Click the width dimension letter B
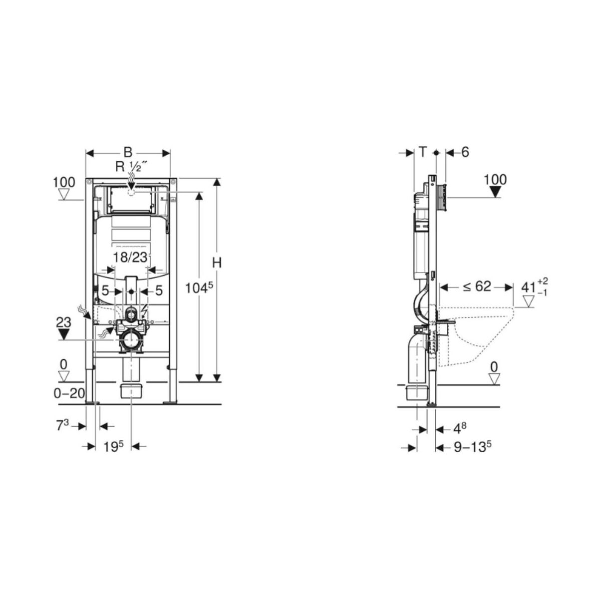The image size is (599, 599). [x=128, y=153]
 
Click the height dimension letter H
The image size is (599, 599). [x=217, y=263]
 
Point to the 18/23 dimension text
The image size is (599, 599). [x=130, y=258]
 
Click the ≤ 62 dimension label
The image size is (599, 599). [x=477, y=287]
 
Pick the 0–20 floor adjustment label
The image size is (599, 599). [x=69, y=393]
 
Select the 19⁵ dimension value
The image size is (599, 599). [x=113, y=447]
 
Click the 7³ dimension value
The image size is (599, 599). [x=62, y=426]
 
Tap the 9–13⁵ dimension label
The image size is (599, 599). [x=473, y=447]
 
